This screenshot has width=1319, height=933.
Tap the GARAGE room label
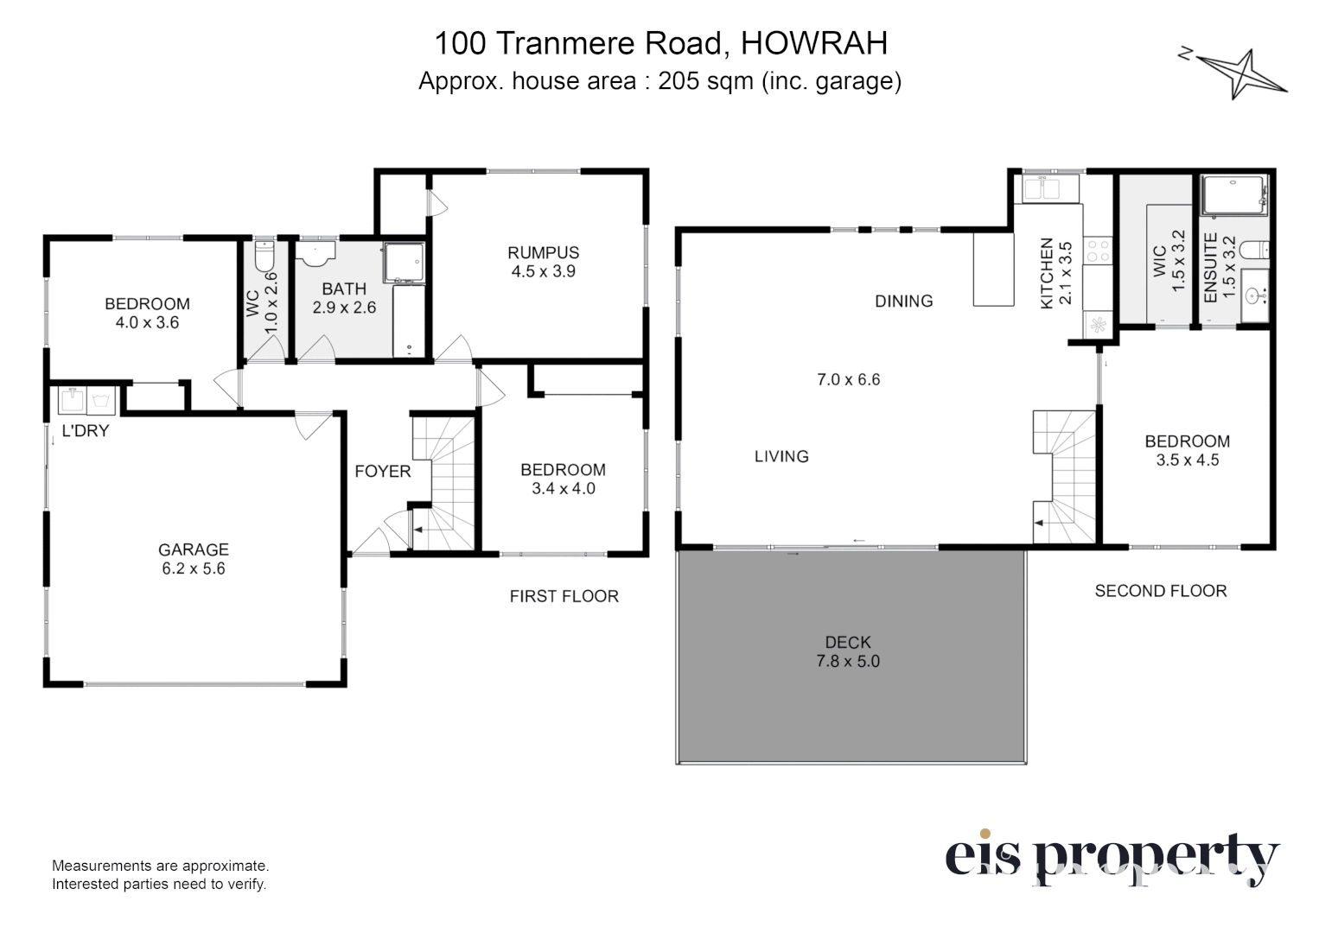(x=193, y=549)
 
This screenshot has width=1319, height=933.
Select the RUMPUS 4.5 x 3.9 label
(x=543, y=262)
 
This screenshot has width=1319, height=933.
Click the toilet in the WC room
(x=264, y=255)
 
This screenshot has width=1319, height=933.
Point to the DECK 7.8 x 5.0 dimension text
(x=848, y=661)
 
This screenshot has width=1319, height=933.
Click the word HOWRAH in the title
(x=813, y=43)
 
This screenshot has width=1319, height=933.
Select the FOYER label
(x=383, y=471)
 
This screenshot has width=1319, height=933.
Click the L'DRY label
(x=86, y=431)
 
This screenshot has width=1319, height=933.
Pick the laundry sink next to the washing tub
(x=72, y=400)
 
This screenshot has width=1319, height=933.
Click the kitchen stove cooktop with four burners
(x=1098, y=251)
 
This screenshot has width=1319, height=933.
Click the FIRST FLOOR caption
(x=564, y=596)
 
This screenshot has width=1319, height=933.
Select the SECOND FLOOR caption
(x=1161, y=591)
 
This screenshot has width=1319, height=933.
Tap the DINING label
(x=904, y=301)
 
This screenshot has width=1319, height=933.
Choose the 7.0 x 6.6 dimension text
(x=848, y=379)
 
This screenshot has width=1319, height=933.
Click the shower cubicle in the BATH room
(x=404, y=262)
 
